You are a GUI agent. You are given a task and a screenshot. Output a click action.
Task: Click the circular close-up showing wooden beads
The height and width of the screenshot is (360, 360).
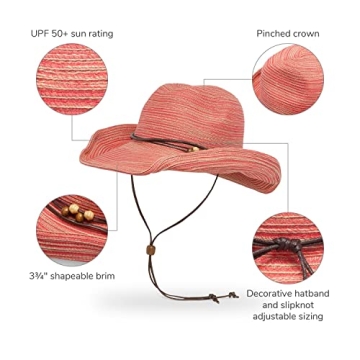(70, 221)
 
